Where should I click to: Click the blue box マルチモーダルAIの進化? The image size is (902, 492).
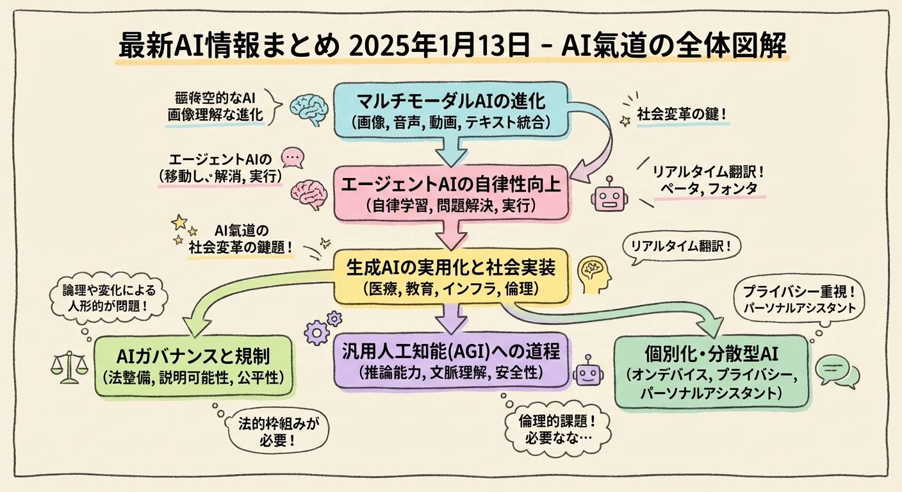tap(450, 110)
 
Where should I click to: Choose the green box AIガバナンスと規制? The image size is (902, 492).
tap(193, 365)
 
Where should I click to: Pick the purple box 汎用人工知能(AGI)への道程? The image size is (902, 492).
tap(450, 359)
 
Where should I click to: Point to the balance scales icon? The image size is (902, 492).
tap(69, 367)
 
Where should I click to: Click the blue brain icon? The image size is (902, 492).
tap(306, 108)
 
